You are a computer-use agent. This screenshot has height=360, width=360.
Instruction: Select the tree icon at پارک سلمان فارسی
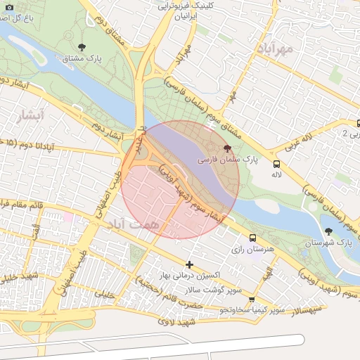[x=226, y=149]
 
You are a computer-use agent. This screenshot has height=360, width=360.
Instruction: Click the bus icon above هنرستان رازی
[x=252, y=238]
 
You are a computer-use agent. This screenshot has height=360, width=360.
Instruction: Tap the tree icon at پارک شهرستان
[x=328, y=231]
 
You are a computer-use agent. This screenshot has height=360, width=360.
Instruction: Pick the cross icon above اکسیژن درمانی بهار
[x=189, y=264]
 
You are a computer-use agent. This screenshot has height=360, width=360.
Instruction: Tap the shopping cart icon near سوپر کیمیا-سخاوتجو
[x=252, y=300]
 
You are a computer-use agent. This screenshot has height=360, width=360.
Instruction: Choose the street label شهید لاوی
[x=176, y=323]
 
